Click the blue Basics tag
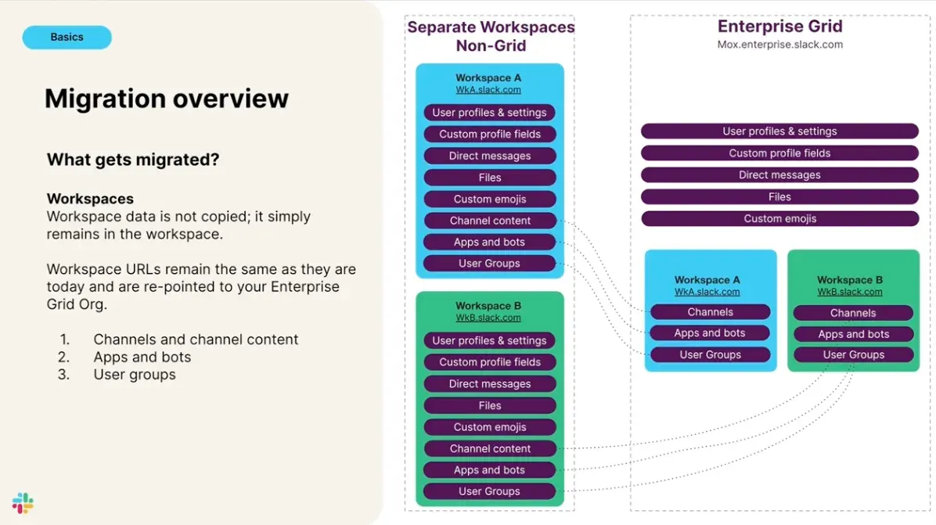pyautogui.click(x=67, y=37)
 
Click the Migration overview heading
pyautogui.click(x=166, y=99)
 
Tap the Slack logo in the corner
pyautogui.click(x=23, y=503)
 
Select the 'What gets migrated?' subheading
pyautogui.click(x=133, y=160)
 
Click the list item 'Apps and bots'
pyautogui.click(x=142, y=357)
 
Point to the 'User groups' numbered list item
pyautogui.click(x=134, y=375)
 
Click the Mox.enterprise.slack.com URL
pyautogui.click(x=779, y=45)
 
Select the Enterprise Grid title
pyautogui.click(x=779, y=27)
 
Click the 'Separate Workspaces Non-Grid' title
pyautogui.click(x=491, y=36)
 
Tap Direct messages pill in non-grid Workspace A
pyautogui.click(x=490, y=156)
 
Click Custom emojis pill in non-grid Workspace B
pyautogui.click(x=490, y=427)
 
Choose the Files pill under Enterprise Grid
pyautogui.click(x=779, y=197)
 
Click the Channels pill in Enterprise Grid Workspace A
pyautogui.click(x=710, y=312)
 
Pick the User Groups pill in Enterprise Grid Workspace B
pyautogui.click(x=853, y=354)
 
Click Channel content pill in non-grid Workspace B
pyautogui.click(x=490, y=448)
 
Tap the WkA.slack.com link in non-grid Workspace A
pyautogui.click(x=488, y=90)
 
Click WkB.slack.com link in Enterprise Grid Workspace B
pyautogui.click(x=850, y=292)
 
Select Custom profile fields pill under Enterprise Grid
pyautogui.click(x=779, y=153)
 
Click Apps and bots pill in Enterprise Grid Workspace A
pyautogui.click(x=710, y=333)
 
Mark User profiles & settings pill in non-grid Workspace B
pyautogui.click(x=490, y=340)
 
